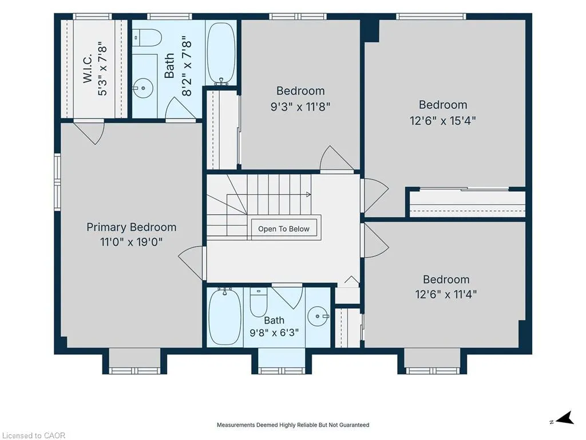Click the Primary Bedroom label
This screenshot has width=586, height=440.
(131, 227)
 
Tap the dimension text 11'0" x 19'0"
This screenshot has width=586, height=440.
(131, 242)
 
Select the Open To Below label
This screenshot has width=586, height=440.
(284, 229)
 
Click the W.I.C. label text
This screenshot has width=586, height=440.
(87, 69)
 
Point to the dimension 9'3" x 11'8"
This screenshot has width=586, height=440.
(300, 107)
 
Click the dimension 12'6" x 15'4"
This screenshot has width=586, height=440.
(443, 121)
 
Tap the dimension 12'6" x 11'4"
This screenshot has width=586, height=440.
(446, 294)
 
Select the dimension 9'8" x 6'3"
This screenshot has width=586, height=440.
(274, 332)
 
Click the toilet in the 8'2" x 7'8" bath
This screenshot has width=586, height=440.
(147, 38)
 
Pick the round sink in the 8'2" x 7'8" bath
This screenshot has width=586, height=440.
(143, 88)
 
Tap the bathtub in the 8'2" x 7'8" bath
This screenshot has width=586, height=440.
(221, 54)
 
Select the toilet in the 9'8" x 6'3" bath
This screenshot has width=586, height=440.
(259, 302)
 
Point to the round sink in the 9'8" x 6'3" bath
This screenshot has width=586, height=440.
(318, 316)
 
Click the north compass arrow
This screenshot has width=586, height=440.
(564, 418)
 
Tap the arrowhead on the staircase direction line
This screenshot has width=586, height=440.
(308, 195)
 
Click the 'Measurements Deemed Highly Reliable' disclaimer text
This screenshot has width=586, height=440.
(293, 425)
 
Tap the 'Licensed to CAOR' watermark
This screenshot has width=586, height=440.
(34, 435)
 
